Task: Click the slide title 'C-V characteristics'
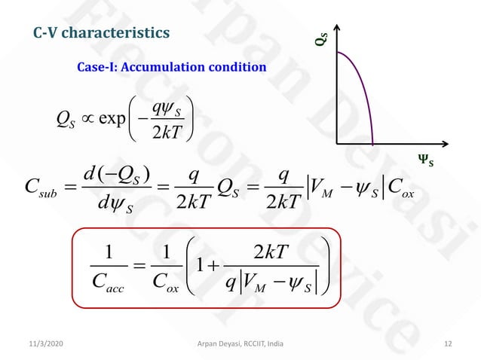click(x=103, y=33)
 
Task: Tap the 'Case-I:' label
click(x=97, y=67)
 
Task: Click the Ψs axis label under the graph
click(x=426, y=159)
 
